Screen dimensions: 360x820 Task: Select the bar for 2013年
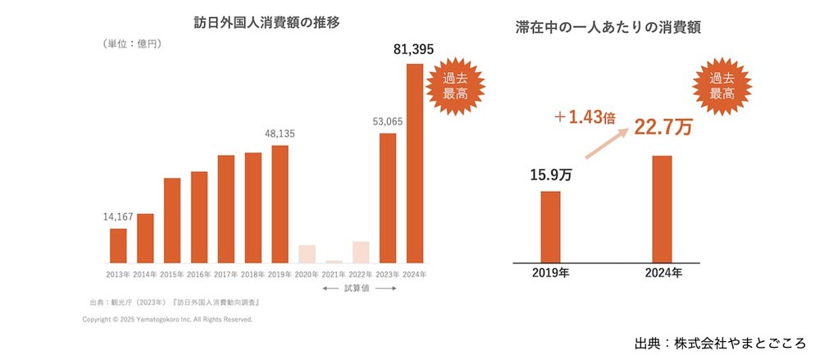[118, 245]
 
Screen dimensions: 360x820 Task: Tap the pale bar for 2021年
[334, 261]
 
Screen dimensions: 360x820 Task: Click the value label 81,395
[414, 51]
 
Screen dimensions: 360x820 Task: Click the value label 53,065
[387, 122]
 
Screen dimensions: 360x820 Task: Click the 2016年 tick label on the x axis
[199, 274]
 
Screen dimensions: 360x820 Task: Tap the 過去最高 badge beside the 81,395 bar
[456, 86]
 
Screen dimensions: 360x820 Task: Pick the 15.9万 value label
[549, 175]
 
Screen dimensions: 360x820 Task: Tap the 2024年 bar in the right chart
[663, 208]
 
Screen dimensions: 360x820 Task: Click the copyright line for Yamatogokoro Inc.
[167, 319]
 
